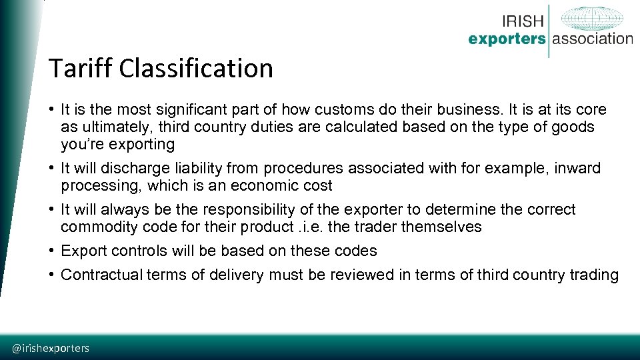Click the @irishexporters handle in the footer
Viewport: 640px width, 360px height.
tap(51, 348)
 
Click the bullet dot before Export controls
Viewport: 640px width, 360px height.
tap(51, 251)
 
